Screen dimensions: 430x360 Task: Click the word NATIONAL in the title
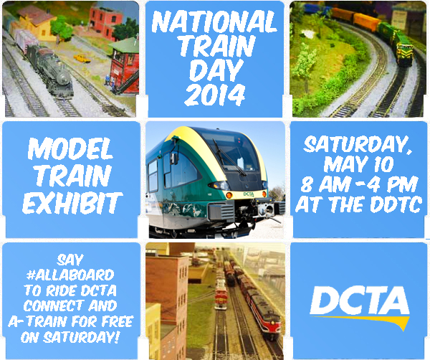(214, 22)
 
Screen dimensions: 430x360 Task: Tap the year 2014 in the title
(215, 95)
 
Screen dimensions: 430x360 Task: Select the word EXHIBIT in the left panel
(72, 203)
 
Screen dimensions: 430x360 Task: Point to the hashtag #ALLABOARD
(70, 275)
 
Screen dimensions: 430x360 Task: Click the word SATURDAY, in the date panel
(358, 145)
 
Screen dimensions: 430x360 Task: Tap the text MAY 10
(359, 165)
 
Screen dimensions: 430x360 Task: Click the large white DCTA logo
(359, 300)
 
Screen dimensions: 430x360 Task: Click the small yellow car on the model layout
(82, 58)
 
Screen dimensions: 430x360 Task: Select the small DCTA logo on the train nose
(249, 194)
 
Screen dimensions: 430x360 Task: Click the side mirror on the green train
(173, 158)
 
